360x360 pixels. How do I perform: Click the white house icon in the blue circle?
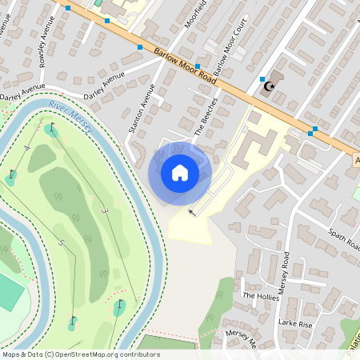(x=180, y=172)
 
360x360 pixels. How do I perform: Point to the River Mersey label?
(x=71, y=118)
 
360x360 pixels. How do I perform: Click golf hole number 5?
(x=61, y=242)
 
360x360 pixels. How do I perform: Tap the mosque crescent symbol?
(x=270, y=86)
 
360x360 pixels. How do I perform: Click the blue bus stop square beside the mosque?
(x=262, y=78)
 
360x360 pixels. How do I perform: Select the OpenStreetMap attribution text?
(x=81, y=354)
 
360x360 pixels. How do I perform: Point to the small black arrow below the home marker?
(x=191, y=212)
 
